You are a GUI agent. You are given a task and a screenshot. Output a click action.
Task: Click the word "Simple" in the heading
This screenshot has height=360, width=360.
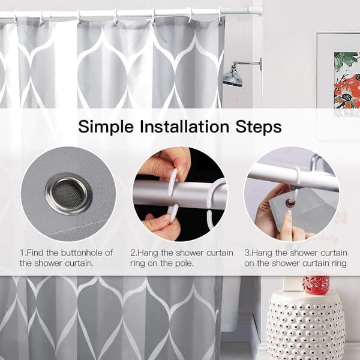[106, 127]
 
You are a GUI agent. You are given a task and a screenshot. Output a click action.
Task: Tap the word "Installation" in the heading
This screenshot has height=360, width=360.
[185, 126]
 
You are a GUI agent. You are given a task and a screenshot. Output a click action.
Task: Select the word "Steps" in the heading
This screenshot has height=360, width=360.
[259, 127]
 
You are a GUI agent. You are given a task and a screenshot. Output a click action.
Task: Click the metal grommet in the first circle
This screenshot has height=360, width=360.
[69, 194]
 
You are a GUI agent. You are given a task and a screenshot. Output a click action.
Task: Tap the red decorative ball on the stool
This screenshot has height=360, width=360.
[316, 284]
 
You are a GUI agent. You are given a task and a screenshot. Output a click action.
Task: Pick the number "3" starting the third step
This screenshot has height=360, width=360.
[247, 253]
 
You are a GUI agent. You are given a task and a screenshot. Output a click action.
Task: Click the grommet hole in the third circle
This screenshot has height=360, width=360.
[291, 203]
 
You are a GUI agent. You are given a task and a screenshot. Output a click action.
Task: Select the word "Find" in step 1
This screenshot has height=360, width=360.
[35, 253]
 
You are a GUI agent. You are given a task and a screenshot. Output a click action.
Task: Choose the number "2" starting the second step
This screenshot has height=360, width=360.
[133, 253]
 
